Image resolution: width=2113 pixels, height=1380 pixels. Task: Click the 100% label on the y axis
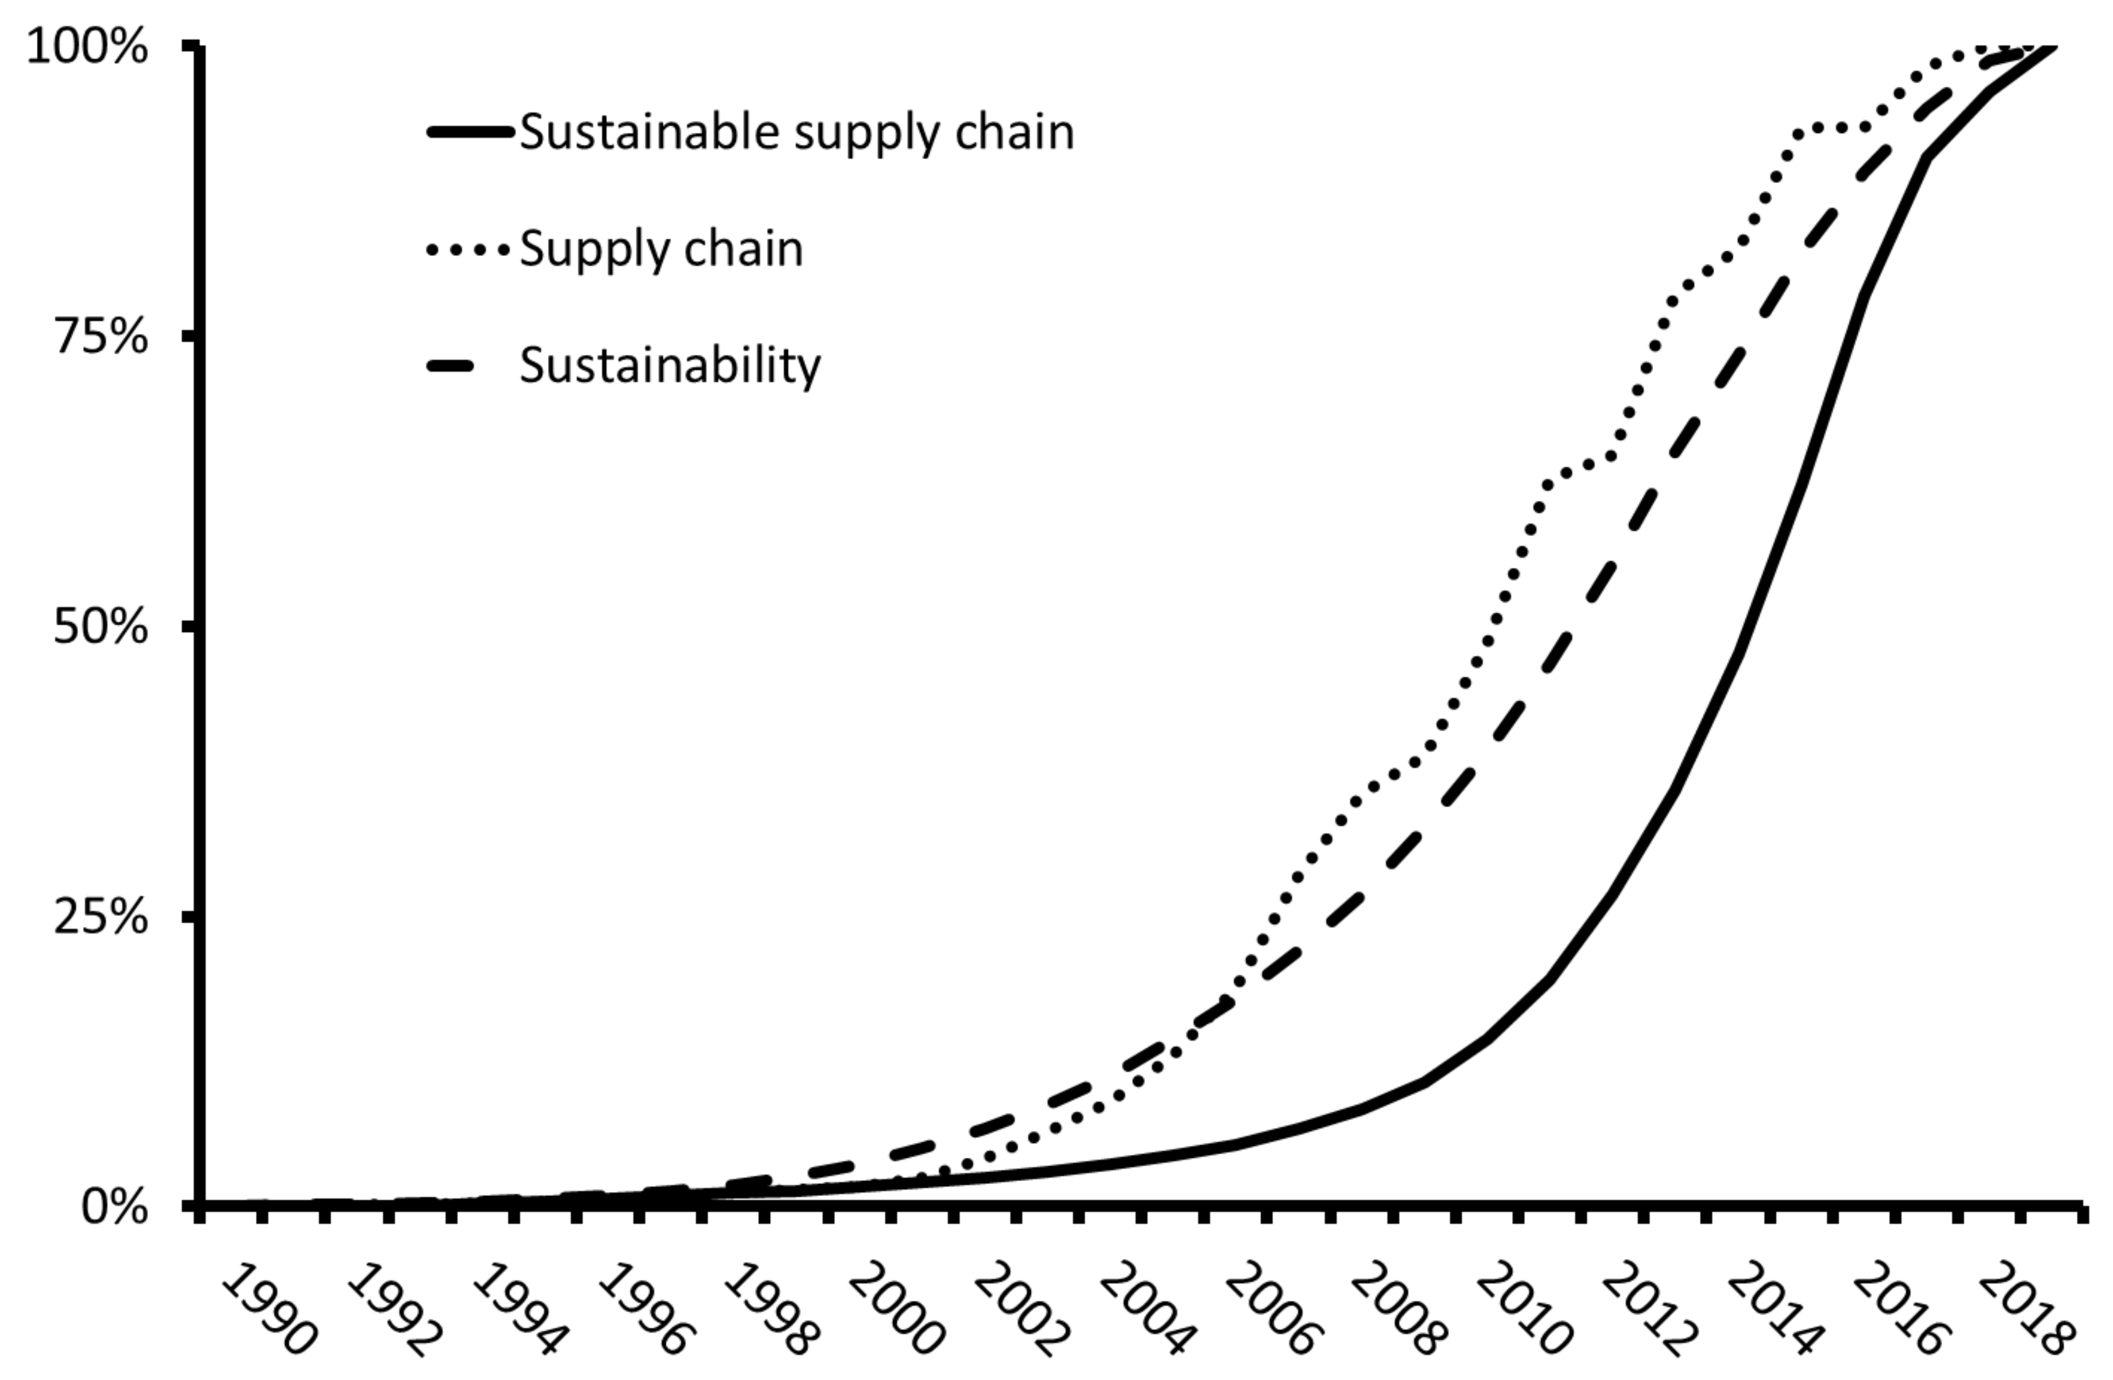[x=87, y=46]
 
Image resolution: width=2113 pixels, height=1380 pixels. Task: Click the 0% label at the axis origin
[x=114, y=1207]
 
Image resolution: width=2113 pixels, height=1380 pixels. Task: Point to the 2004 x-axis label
[x=1144, y=1309]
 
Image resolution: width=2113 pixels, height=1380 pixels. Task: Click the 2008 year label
[x=1395, y=1309]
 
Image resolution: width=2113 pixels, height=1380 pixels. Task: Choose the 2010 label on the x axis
[x=1521, y=1309]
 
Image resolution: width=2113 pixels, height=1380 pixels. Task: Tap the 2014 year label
[x=1773, y=1309]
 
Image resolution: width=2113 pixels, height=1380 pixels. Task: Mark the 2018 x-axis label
[x=2024, y=1309]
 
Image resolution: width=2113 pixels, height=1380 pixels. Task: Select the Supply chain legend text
[x=660, y=248]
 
